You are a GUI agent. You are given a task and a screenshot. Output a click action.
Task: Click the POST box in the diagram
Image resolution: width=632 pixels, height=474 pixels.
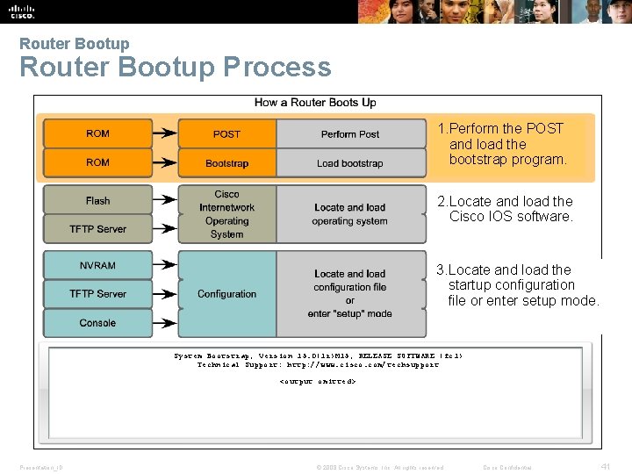tap(226, 134)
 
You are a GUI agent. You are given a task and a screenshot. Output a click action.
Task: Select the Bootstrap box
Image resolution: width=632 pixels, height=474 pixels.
tap(226, 163)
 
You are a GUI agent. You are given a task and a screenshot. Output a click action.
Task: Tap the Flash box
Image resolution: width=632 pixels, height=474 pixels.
tap(97, 200)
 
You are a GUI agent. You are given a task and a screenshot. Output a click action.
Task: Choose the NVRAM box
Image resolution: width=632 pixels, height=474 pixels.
tap(97, 265)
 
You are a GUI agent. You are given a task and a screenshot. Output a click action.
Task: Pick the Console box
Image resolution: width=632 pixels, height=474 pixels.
tap(97, 323)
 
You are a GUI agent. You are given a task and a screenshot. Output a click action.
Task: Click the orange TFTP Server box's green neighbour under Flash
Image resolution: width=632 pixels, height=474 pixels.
tap(97, 229)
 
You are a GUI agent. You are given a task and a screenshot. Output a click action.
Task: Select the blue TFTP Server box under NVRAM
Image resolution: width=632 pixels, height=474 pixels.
tap(97, 294)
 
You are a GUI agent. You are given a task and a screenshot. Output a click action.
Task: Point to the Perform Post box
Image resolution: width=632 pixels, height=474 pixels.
tap(350, 134)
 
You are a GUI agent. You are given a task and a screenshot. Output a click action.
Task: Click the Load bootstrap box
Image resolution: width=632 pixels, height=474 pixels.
tap(350, 163)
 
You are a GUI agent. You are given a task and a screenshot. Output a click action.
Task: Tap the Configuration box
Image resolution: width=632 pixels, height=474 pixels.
tap(226, 294)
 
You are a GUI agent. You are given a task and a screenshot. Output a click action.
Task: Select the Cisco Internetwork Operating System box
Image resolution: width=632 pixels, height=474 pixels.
tap(226, 214)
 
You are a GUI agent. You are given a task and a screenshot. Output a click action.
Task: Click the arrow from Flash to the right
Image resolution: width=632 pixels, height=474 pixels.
tap(164, 200)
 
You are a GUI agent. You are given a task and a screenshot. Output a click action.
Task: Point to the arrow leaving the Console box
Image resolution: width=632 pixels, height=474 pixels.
tap(164, 323)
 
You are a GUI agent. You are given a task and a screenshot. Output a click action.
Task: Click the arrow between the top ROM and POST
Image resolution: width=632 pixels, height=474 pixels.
tap(164, 134)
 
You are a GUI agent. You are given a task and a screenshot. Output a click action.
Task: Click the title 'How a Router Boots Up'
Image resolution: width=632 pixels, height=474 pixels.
tap(315, 103)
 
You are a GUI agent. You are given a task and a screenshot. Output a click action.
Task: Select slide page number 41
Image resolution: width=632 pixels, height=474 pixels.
tap(605, 467)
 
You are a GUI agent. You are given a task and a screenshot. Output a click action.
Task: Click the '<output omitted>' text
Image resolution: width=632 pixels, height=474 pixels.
tap(317, 382)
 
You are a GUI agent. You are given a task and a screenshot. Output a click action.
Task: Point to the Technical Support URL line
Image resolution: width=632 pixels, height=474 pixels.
tap(318, 364)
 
